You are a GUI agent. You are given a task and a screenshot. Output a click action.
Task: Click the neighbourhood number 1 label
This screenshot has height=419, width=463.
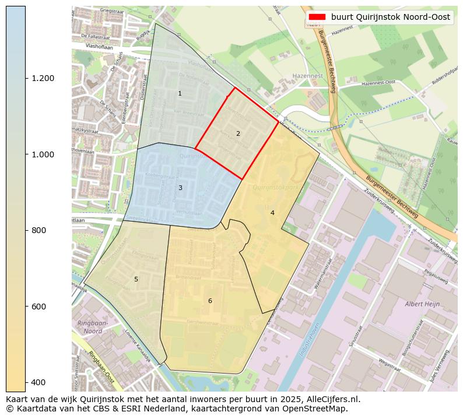click(x=180, y=94)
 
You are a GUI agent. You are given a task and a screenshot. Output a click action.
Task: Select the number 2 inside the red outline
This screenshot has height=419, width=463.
click(x=238, y=134)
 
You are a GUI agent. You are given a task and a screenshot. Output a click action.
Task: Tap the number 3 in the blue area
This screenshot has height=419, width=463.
click(x=180, y=188)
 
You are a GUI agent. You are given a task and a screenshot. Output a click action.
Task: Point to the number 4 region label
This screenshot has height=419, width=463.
click(x=272, y=213)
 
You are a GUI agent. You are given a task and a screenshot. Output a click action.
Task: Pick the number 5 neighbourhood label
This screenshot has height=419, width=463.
click(x=136, y=279)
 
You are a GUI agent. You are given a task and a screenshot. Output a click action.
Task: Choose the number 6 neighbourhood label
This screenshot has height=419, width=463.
click(x=210, y=301)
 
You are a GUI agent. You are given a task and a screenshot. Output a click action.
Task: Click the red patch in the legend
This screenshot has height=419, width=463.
click(x=318, y=17)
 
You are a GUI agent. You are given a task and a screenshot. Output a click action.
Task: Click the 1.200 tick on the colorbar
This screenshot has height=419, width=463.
click(x=43, y=78)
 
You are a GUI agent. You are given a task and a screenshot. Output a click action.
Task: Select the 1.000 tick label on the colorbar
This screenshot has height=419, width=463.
click(x=43, y=154)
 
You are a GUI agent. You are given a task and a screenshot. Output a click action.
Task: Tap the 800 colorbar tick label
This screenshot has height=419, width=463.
click(x=38, y=230)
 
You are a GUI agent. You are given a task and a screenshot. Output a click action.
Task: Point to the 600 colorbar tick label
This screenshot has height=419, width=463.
click(x=38, y=307)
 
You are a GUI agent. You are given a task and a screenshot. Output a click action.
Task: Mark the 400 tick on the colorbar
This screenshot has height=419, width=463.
click(x=38, y=382)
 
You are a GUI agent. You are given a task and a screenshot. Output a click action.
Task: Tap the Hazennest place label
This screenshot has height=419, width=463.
click(x=308, y=76)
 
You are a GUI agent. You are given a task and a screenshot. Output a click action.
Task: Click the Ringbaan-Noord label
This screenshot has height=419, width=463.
click(x=89, y=327)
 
